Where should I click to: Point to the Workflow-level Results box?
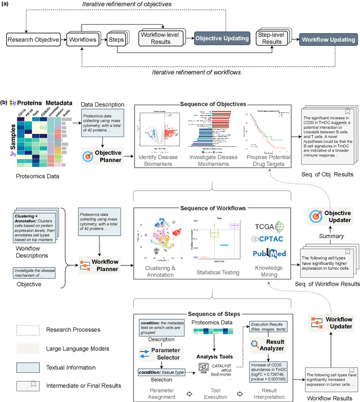[160, 39]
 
